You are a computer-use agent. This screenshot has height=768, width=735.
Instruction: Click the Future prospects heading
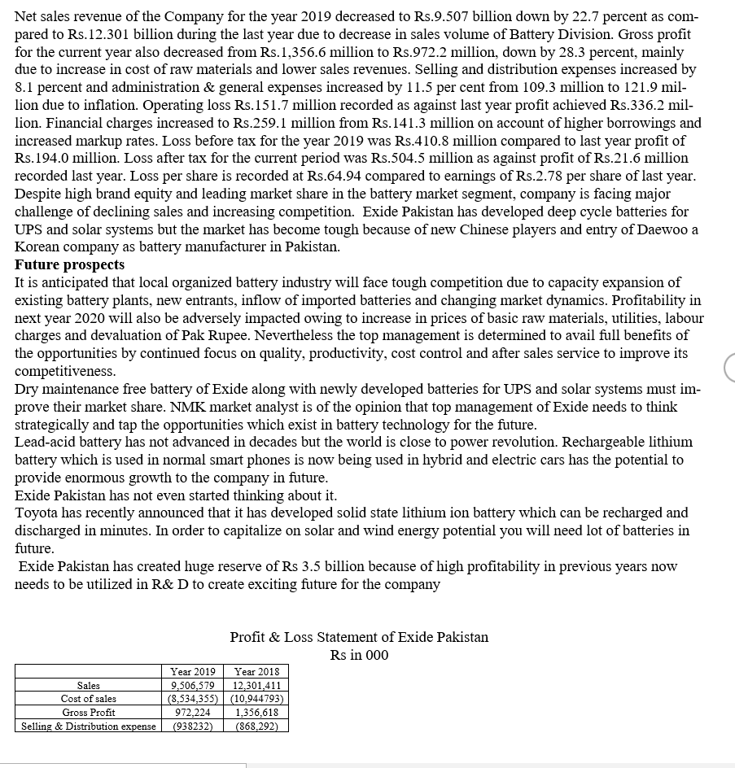70,265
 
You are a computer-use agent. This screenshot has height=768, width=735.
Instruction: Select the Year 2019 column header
192,672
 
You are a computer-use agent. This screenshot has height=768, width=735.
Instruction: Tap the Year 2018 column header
256,672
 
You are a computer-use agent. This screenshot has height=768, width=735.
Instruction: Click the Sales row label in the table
88,686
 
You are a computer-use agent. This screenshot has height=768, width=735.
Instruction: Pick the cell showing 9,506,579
192,686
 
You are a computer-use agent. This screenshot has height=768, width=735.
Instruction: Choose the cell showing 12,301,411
256,686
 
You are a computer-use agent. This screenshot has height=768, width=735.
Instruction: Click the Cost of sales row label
88,699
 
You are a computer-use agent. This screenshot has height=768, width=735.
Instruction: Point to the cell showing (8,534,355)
192,699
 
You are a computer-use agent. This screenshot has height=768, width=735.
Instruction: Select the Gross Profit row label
88,713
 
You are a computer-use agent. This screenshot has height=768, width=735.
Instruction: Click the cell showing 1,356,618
256,713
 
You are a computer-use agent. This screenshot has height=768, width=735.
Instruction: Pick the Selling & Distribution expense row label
88,726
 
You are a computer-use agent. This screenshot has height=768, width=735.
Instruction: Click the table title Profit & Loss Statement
359,637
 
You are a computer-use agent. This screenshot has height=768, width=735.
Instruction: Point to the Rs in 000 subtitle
359,656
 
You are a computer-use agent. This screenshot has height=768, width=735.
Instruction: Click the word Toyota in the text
37,513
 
